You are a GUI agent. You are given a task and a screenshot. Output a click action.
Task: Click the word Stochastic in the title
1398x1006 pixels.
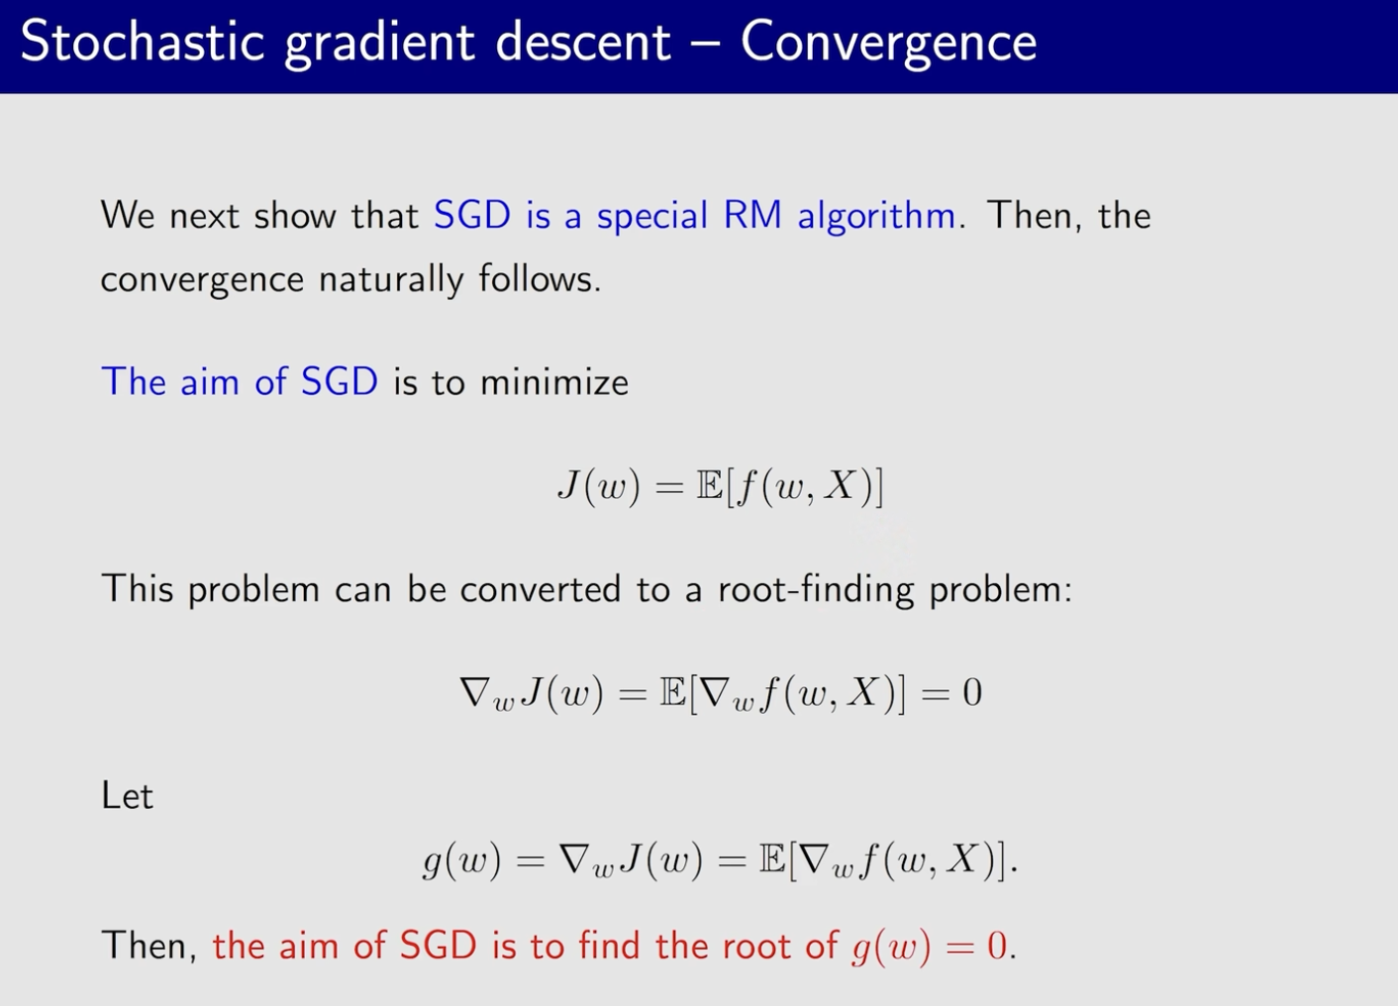pos(143,42)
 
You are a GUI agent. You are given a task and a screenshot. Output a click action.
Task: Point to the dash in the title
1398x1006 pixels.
pos(706,44)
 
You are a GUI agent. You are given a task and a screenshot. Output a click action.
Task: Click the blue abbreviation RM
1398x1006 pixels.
pos(752,215)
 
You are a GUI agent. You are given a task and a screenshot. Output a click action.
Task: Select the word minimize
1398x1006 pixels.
pos(554,381)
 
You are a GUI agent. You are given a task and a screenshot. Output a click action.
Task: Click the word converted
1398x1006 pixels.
pos(541,589)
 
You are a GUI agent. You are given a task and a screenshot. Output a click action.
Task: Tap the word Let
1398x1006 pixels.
pos(127,796)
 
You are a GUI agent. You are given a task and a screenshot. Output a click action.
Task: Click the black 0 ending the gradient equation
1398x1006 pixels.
pos(971,693)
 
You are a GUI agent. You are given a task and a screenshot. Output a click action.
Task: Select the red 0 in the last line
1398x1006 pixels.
pos(997,946)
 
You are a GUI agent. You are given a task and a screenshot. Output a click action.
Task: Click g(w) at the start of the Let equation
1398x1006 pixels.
pos(461,861)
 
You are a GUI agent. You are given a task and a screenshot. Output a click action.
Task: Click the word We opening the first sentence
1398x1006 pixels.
pos(128,215)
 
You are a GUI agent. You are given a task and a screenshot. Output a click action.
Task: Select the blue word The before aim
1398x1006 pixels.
pos(133,381)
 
